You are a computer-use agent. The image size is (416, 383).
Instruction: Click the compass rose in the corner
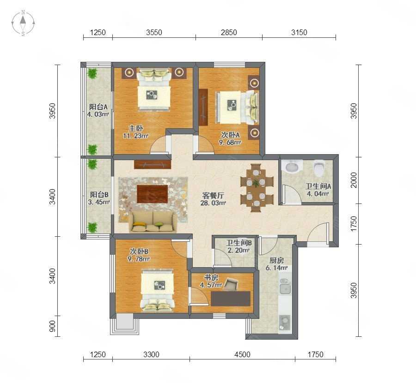23,23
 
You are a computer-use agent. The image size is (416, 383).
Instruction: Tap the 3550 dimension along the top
154,32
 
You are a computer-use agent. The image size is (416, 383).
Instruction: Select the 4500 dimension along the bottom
242,354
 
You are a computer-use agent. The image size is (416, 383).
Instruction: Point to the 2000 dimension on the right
354,180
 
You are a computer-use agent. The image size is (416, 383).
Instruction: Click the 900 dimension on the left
53,326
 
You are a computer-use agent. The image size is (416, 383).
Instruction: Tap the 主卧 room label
136,129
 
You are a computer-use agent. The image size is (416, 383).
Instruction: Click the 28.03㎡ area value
213,203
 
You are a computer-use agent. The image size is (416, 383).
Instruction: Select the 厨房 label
276,261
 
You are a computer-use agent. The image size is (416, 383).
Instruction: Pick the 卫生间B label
239,243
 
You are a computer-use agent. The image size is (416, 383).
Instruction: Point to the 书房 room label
211,278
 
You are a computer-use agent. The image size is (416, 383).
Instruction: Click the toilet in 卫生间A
318,168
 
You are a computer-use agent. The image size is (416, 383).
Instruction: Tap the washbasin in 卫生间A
292,166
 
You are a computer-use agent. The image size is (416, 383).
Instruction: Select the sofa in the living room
153,222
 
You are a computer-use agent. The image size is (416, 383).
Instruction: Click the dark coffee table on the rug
152,194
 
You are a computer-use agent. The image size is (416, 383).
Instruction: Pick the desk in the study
231,299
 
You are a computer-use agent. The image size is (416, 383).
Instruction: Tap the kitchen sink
285,286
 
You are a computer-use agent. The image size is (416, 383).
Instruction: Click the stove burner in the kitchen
284,323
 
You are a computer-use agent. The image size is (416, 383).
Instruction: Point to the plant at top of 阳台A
92,73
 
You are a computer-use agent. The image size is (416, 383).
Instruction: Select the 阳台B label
99,195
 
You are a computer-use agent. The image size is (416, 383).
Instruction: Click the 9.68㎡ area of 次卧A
230,143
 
